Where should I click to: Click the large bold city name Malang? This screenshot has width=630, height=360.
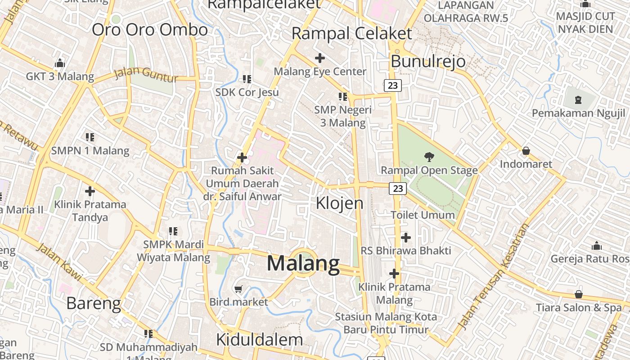tap(303, 264)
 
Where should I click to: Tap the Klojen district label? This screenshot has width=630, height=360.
tap(339, 203)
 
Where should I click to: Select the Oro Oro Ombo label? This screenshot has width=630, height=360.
tap(150, 30)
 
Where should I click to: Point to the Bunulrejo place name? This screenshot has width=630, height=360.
tap(428, 61)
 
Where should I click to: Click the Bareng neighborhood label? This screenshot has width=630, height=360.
tap(94, 304)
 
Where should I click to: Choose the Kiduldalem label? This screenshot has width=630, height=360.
tap(259, 340)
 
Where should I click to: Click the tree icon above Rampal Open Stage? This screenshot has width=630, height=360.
tap(429, 157)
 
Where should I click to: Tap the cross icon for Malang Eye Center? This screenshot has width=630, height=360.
tap(320, 58)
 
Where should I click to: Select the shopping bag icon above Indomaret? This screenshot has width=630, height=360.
tap(526, 151)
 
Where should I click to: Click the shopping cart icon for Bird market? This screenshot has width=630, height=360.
tap(238, 289)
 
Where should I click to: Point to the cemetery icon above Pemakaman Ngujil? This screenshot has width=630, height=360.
tap(578, 99)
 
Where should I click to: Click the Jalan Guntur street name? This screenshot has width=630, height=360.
tap(146, 75)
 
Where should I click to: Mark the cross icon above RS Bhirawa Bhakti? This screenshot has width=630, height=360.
tap(406, 237)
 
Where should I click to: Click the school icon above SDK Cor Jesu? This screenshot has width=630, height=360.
tap(247, 79)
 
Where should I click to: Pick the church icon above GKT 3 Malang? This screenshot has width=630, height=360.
tap(60, 63)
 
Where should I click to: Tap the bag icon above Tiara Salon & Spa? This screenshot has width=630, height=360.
tap(579, 295)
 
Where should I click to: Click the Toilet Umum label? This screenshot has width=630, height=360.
tap(423, 215)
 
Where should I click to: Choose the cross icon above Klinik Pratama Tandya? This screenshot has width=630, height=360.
tap(90, 191)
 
